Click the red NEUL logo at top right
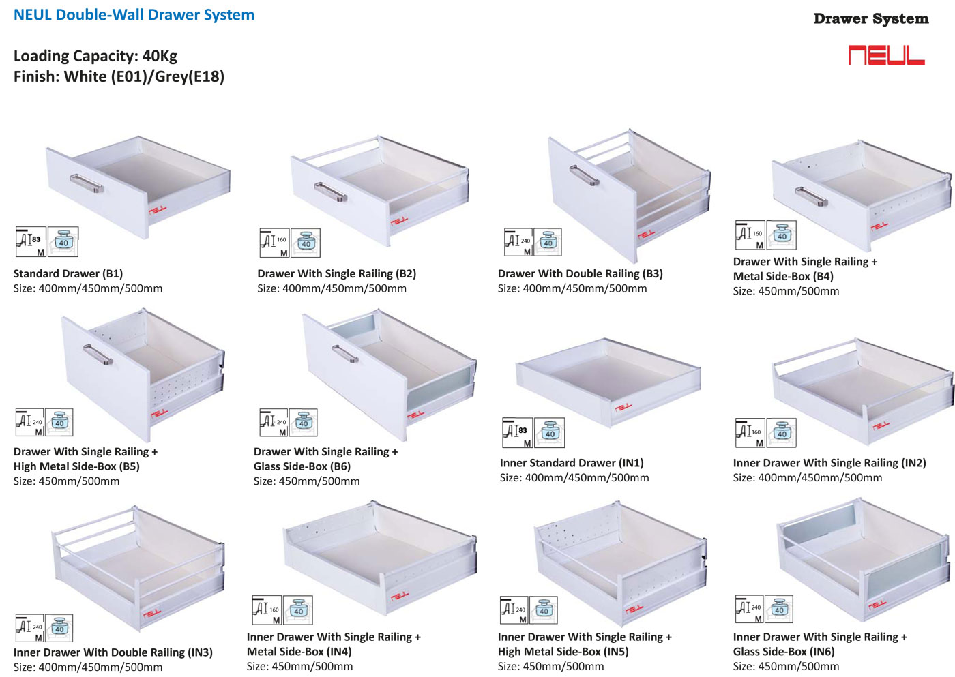(886, 55)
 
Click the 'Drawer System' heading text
(870, 19)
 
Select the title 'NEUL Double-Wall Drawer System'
(134, 15)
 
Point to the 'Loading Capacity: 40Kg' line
(95, 56)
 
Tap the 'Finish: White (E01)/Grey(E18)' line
(119, 76)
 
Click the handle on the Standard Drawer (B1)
(87, 183)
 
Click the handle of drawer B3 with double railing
(584, 176)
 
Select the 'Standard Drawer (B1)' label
(68, 273)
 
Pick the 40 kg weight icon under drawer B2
(305, 243)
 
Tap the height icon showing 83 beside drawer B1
(31, 241)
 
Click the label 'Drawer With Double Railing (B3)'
(580, 273)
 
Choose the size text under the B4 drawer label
(786, 291)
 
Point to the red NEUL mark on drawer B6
(415, 414)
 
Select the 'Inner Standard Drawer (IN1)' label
(572, 463)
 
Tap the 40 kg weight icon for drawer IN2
(781, 432)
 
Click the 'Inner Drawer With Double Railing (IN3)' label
(113, 652)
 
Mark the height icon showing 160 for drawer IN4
(267, 610)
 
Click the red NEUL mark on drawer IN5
(634, 607)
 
